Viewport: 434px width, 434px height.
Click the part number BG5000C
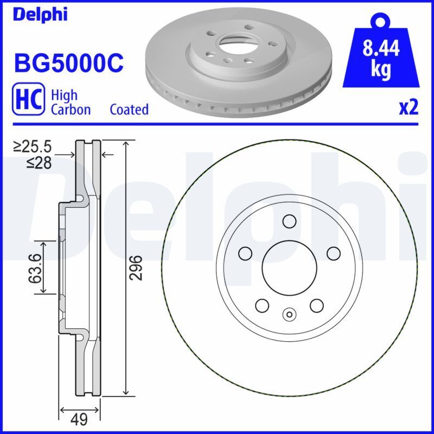point(68,63)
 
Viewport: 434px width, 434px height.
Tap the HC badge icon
point(28,99)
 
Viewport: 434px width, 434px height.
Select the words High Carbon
point(71,102)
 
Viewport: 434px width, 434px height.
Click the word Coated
point(129,109)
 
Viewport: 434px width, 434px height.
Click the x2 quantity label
point(409,108)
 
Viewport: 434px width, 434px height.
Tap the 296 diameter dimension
point(138,267)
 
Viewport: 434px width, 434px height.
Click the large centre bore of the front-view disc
point(289,267)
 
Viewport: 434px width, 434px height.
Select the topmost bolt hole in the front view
point(289,221)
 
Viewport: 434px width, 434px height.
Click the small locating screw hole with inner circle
point(289,314)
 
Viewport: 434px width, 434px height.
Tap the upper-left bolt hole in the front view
point(245,253)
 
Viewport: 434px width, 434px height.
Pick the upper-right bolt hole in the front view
point(333,253)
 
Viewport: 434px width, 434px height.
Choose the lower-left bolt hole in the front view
point(261,305)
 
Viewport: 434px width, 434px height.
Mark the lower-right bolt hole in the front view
point(316,305)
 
